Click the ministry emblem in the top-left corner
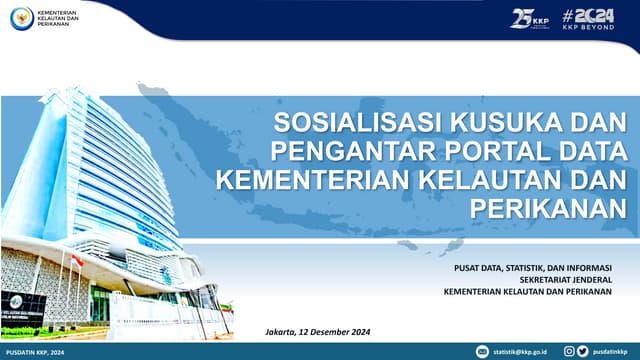click(x=21, y=17)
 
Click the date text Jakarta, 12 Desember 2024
click(x=318, y=331)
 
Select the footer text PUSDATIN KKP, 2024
click(x=36, y=352)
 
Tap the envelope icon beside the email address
click(x=484, y=352)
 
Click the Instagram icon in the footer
click(x=569, y=352)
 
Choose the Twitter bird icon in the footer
click(x=583, y=352)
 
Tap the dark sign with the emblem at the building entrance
click(x=22, y=303)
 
